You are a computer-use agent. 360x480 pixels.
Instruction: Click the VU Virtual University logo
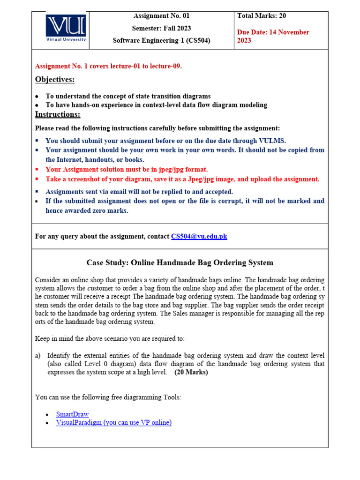click(x=65, y=29)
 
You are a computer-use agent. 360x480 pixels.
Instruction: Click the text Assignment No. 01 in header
click(x=161, y=16)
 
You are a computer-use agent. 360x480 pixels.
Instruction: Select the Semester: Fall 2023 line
click(x=161, y=28)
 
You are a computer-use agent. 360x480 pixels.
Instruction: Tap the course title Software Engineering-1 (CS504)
click(x=161, y=40)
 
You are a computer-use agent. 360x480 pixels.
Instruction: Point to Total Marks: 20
click(x=262, y=16)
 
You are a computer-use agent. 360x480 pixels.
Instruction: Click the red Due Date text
click(x=273, y=36)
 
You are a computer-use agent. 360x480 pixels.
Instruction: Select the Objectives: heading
click(x=55, y=79)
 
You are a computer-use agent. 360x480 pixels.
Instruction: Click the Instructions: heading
click(x=58, y=114)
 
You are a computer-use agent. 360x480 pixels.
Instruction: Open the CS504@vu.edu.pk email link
click(x=199, y=236)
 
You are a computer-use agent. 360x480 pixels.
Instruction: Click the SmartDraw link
click(x=72, y=414)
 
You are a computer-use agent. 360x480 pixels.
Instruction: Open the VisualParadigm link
click(x=113, y=422)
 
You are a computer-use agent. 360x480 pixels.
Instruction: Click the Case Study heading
click(x=180, y=262)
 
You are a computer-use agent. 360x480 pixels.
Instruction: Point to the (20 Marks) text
click(x=191, y=372)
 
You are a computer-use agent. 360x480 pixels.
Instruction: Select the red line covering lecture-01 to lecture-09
click(x=108, y=66)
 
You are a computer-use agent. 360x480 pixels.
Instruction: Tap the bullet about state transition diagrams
click(x=127, y=96)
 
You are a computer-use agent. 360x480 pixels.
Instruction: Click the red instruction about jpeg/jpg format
click(x=127, y=169)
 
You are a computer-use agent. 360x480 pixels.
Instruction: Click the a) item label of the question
click(x=38, y=356)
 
